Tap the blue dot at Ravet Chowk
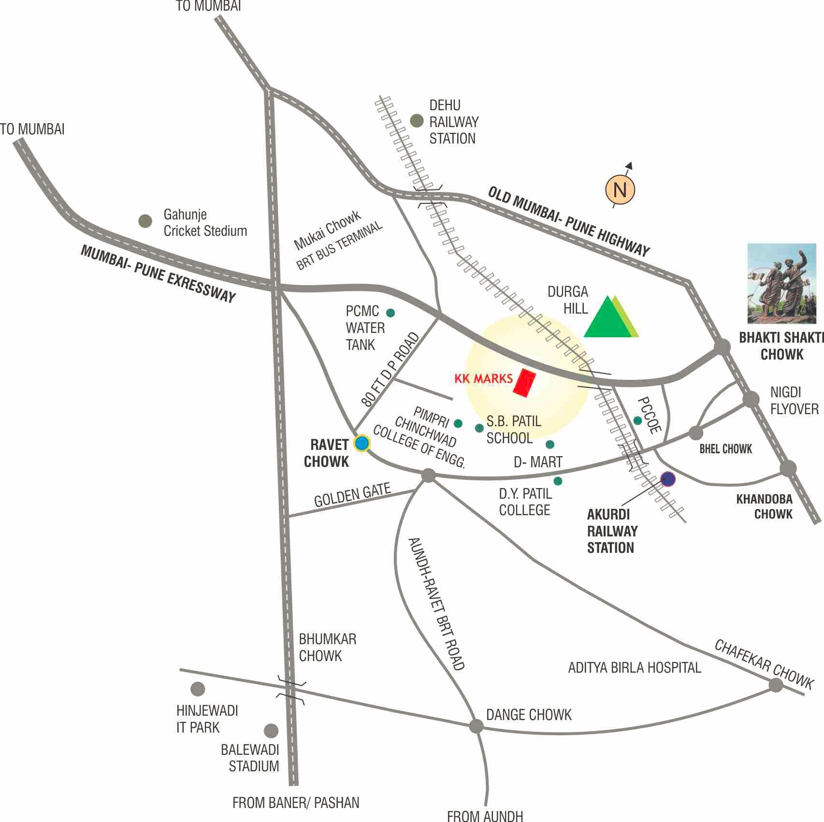click(x=361, y=443)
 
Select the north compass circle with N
click(x=620, y=189)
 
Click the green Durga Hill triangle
click(x=607, y=318)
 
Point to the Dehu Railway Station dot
click(x=417, y=121)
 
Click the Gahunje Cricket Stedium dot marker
click(x=145, y=221)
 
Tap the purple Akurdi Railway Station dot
click(x=668, y=478)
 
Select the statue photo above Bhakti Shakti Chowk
click(x=781, y=283)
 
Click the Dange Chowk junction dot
click(x=477, y=725)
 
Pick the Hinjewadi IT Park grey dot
click(x=197, y=689)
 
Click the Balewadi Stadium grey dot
click(x=271, y=731)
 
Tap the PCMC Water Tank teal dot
click(x=390, y=313)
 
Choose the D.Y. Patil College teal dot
click(x=558, y=481)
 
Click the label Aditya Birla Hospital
click(x=634, y=668)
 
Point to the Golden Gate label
click(x=352, y=495)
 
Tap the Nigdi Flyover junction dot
click(x=751, y=399)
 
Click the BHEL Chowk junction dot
click(x=695, y=433)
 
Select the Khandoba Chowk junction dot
click(x=788, y=468)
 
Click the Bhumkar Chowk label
click(x=327, y=648)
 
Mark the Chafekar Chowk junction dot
click(x=776, y=685)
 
